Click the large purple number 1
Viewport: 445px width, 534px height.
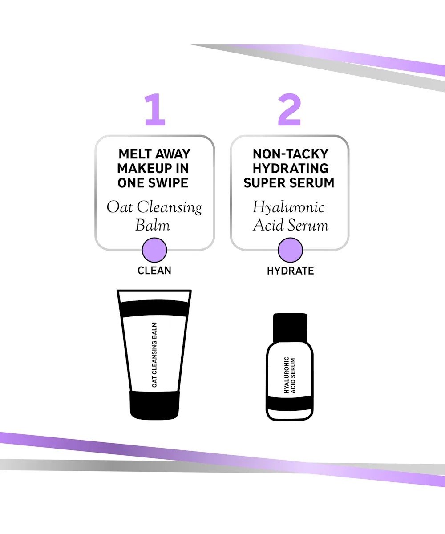[x=155, y=109]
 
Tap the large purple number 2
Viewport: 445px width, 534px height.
[x=290, y=109]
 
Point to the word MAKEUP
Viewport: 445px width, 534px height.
[x=145, y=169]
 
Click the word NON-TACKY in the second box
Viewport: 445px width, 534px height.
[x=291, y=154]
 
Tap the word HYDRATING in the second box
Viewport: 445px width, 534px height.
[x=291, y=169]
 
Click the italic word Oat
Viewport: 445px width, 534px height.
[x=120, y=207]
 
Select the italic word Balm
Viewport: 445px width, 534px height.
[x=153, y=225]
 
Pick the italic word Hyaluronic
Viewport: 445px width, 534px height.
[x=289, y=208]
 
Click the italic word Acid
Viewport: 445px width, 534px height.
[x=268, y=225]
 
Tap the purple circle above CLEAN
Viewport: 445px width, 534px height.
[x=154, y=250]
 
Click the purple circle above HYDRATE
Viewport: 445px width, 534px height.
[x=290, y=250]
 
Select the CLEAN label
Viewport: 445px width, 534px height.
[x=154, y=271]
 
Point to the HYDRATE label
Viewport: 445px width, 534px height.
[x=290, y=271]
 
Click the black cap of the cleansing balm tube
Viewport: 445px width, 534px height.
[x=154, y=405]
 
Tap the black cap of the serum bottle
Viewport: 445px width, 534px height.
[x=290, y=328]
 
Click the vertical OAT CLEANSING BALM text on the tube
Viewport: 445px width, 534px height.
[x=154, y=355]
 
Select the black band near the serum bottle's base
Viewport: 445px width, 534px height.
[x=290, y=403]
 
